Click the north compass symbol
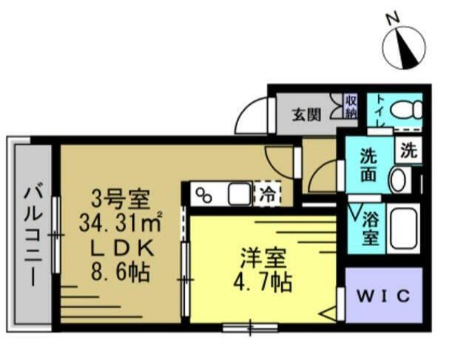[x=404, y=45]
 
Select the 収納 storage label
[x=351, y=107]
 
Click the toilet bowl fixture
[x=405, y=111]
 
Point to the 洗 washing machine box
[x=408, y=151]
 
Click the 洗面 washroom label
[x=369, y=166]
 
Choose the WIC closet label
[x=384, y=296]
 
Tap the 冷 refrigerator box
[x=266, y=195]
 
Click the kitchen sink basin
[x=239, y=195]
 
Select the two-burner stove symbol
[x=203, y=196]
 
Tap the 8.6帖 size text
[x=121, y=271]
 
